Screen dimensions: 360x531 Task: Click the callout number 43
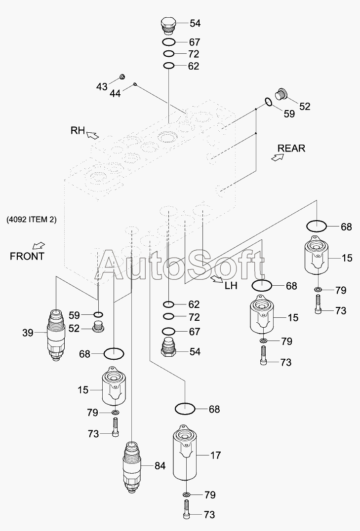pyautogui.click(x=101, y=86)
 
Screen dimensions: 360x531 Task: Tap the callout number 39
pyautogui.click(x=28, y=333)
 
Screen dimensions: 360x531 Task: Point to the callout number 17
pyautogui.click(x=215, y=455)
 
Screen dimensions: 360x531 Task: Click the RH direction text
pyautogui.click(x=78, y=130)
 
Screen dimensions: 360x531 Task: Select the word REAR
pyautogui.click(x=291, y=148)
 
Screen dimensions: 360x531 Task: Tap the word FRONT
pyautogui.click(x=27, y=256)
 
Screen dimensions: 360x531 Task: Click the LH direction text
pyautogui.click(x=231, y=285)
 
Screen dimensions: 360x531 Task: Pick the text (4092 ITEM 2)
pyautogui.click(x=32, y=220)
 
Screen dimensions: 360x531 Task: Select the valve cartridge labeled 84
pyautogui.click(x=132, y=465)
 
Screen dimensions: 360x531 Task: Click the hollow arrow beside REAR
pyautogui.click(x=278, y=157)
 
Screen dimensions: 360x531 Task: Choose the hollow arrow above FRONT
pyautogui.click(x=38, y=245)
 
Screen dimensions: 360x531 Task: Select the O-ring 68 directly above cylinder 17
pyautogui.click(x=185, y=409)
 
